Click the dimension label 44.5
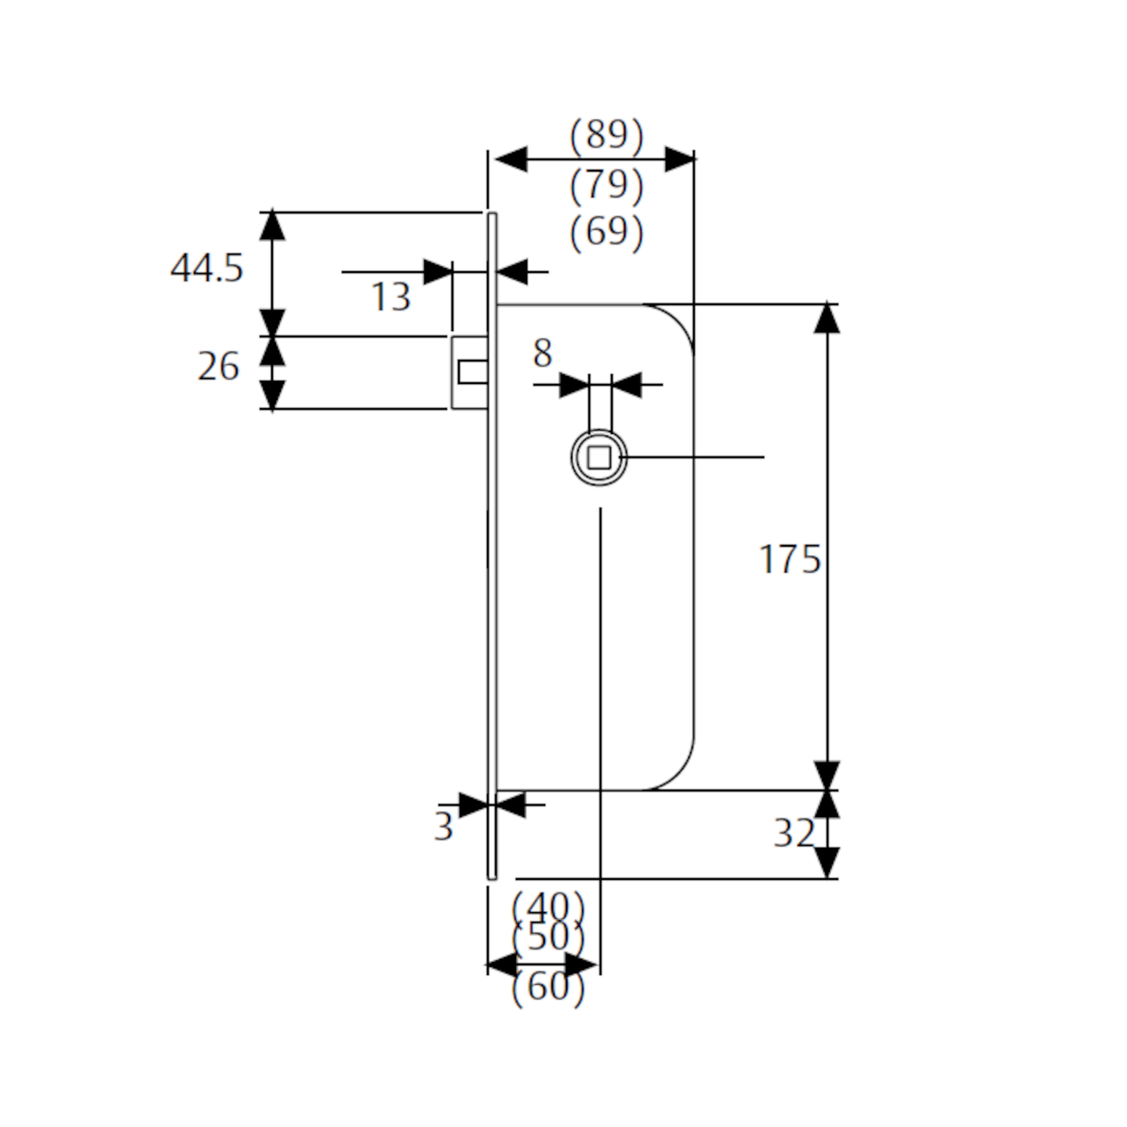coord(206,268)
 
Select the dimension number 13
coord(391,296)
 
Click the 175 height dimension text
coord(790,559)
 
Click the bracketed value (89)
coord(607,135)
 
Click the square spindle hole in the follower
coord(599,457)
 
